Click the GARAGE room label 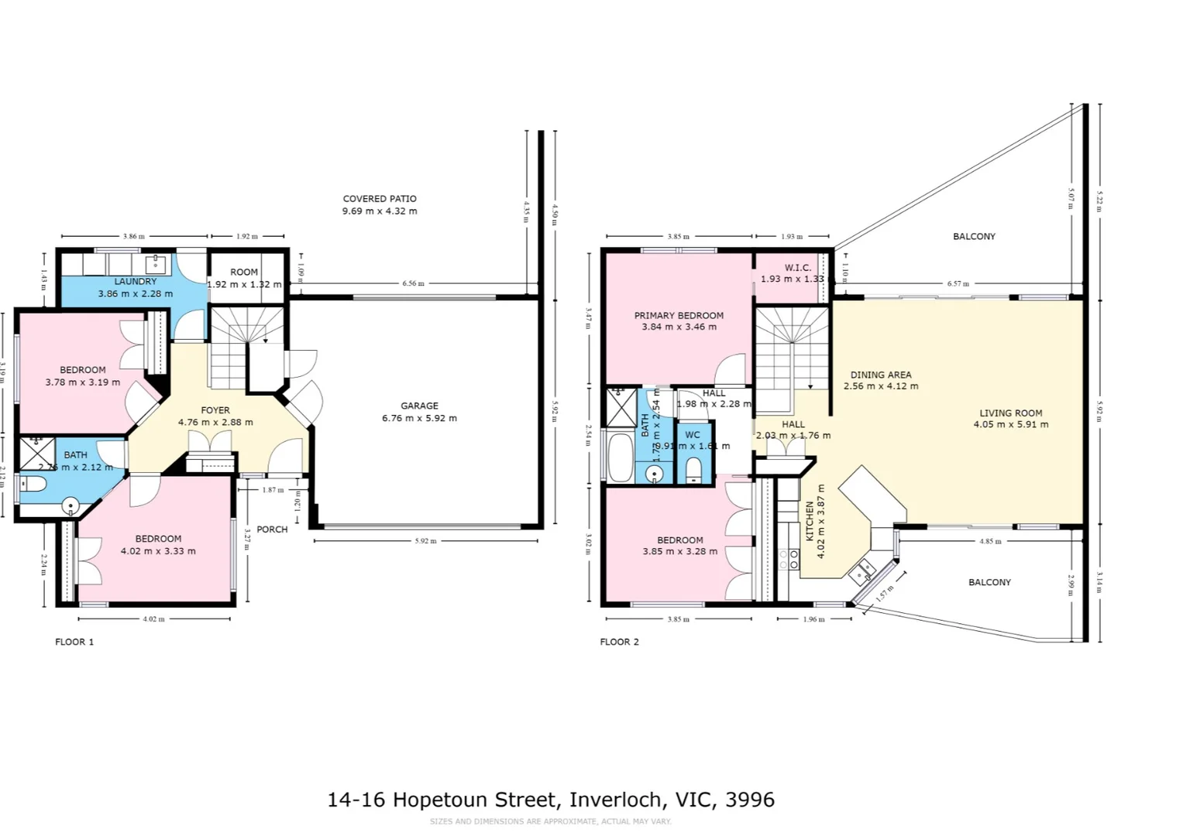click(419, 406)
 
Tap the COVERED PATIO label click(380, 199)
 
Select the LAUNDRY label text click(136, 282)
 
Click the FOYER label click(215, 410)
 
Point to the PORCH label click(272, 529)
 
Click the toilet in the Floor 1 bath click(33, 485)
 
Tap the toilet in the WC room click(694, 469)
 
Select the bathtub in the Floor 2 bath click(621, 457)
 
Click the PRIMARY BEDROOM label click(679, 315)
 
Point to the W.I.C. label click(797, 268)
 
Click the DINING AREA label click(881, 375)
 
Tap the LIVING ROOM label click(1010, 413)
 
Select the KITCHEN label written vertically click(810, 520)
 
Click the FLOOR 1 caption click(74, 642)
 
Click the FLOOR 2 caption click(619, 642)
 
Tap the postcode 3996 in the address click(749, 800)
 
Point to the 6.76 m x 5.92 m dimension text click(419, 418)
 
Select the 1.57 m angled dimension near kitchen click(885, 594)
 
